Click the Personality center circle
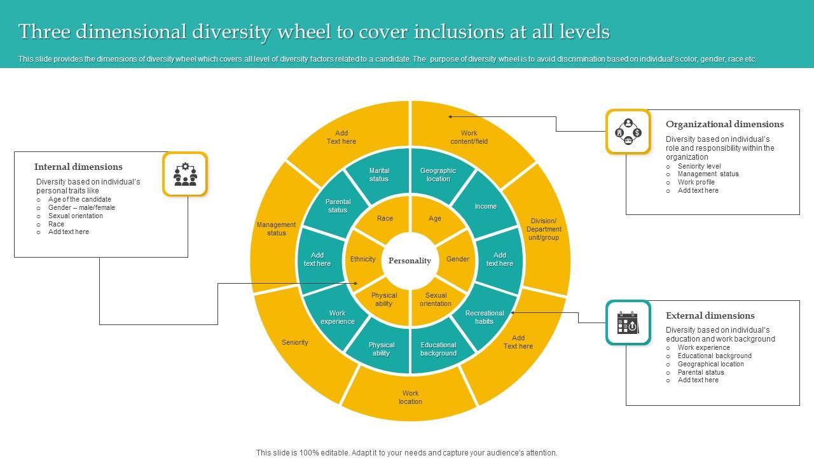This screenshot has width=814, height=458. point(410,261)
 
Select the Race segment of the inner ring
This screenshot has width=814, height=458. point(385,219)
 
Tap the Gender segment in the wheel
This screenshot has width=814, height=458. point(457,259)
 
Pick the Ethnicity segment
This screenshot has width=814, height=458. point(363,259)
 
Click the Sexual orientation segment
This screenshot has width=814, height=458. point(436,300)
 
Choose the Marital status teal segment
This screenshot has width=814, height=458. point(379,175)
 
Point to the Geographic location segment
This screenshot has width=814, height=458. point(438,175)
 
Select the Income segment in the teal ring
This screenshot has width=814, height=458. point(485,206)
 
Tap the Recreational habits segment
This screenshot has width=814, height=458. point(485,317)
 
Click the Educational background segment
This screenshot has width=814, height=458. point(438,349)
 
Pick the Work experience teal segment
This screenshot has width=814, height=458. point(338,317)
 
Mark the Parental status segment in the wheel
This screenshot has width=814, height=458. point(338,206)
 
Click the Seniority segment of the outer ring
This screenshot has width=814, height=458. point(295,342)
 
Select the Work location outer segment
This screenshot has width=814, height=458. point(410,398)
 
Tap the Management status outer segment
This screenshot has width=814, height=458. point(276,229)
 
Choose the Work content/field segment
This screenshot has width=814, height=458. point(469,137)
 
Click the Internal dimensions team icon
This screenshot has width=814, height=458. point(185,174)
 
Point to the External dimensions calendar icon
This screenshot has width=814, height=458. point(628,323)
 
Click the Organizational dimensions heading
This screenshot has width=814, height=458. point(724,124)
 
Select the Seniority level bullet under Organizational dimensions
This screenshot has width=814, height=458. point(699,166)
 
